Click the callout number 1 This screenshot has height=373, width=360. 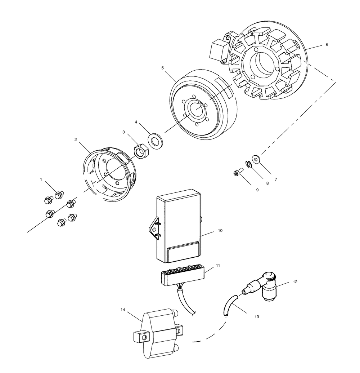coord(41,179)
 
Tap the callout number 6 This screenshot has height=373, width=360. coord(327,45)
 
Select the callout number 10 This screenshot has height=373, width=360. coord(220,230)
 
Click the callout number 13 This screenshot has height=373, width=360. coord(257,317)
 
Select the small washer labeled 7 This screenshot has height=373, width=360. coord(256,158)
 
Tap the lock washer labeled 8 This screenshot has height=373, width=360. coord(248,164)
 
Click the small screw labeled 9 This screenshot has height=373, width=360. coord(237,174)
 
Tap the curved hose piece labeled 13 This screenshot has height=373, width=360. coord(228,305)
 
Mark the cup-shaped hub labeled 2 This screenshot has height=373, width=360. coord(108,173)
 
